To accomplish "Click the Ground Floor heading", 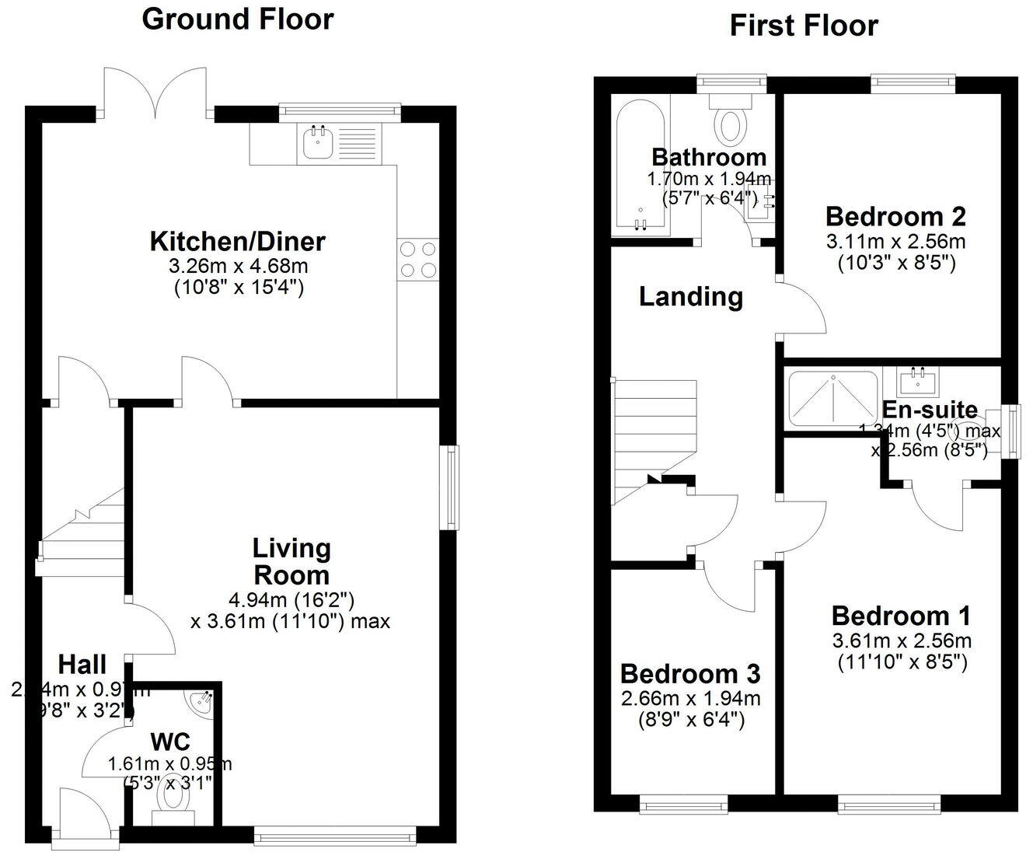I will (237, 19).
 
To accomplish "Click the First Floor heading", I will (803, 26).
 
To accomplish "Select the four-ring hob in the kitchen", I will (417, 259).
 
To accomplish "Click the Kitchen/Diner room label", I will (237, 241).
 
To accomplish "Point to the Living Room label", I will (291, 561).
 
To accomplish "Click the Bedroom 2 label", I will (895, 215).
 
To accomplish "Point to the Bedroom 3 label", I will (690, 672).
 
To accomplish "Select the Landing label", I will (690, 296).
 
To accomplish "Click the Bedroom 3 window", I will (684, 806).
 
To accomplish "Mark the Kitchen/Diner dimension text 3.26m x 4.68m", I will (238, 266).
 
